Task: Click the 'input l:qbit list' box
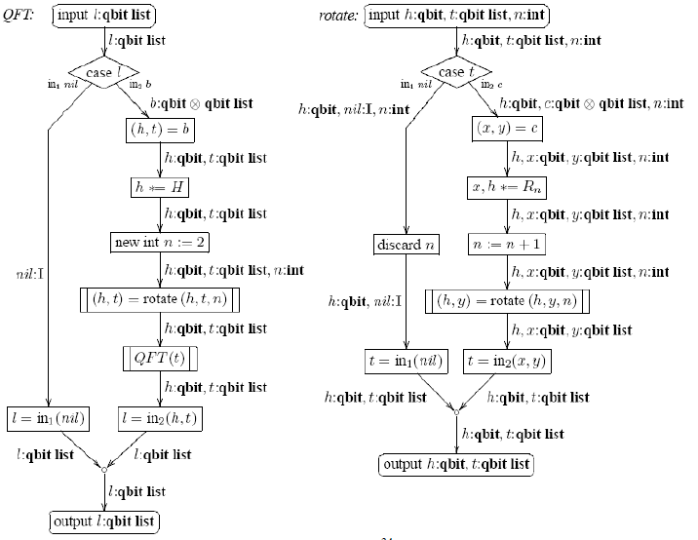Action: tap(104, 17)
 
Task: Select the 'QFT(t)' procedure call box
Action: tap(159, 358)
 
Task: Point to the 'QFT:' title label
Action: tap(19, 17)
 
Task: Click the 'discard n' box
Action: tap(406, 245)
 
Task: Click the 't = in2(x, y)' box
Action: tap(504, 361)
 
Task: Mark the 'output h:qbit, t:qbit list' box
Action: tap(456, 464)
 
